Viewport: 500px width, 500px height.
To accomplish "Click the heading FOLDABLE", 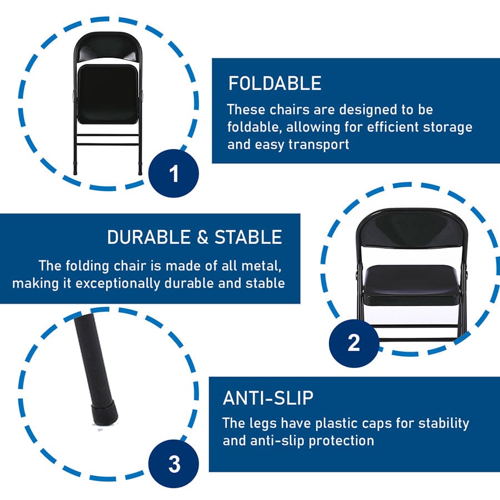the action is point(275,83).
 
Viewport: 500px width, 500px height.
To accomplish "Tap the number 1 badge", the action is point(173,173).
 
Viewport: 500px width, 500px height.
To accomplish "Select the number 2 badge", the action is point(354,343).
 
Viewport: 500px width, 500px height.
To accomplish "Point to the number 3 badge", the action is point(173,463).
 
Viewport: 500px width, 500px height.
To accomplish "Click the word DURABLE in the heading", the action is point(149,237).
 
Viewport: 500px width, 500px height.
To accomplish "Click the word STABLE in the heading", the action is point(248,237).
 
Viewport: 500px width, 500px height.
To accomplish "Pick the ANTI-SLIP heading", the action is point(268,398).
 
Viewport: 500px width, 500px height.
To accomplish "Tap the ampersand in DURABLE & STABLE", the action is point(202,237).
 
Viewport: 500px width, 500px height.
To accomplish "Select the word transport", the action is point(319,144).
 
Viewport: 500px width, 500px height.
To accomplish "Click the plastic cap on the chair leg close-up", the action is point(104,414).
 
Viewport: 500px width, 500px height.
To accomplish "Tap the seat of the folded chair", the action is point(107,94).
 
